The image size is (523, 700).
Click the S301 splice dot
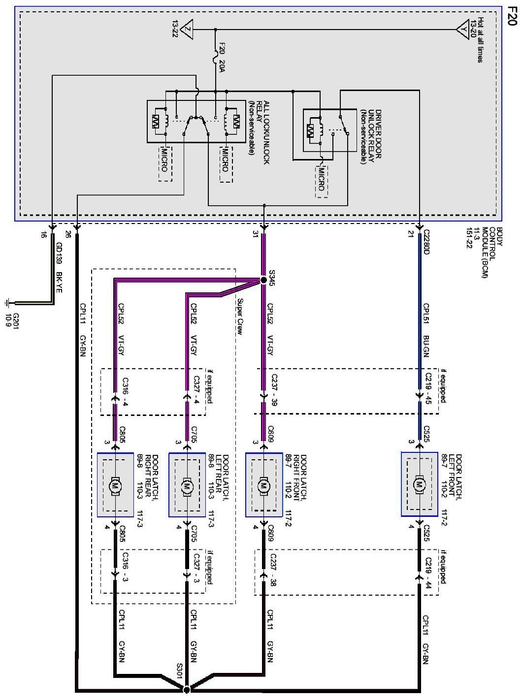(x=187, y=690)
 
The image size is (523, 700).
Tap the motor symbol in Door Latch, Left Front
(x=420, y=485)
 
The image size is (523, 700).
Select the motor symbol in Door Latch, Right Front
(x=263, y=485)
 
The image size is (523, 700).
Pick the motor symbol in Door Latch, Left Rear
(x=186, y=485)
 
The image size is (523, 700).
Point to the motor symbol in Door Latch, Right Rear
(x=115, y=485)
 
